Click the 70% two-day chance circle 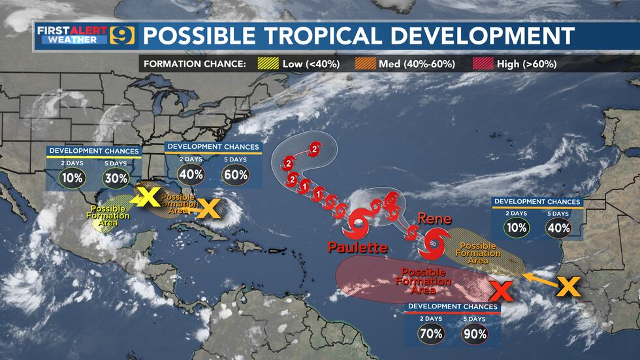pyautogui.click(x=432, y=334)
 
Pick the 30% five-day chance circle pyautogui.click(x=114, y=178)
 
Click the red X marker pyautogui.click(x=500, y=289)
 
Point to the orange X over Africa pyautogui.click(x=569, y=286)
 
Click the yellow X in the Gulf pyautogui.click(x=148, y=195)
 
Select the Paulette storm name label pyautogui.click(x=358, y=248)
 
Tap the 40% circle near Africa pyautogui.click(x=559, y=228)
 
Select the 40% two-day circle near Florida pyautogui.click(x=191, y=174)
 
